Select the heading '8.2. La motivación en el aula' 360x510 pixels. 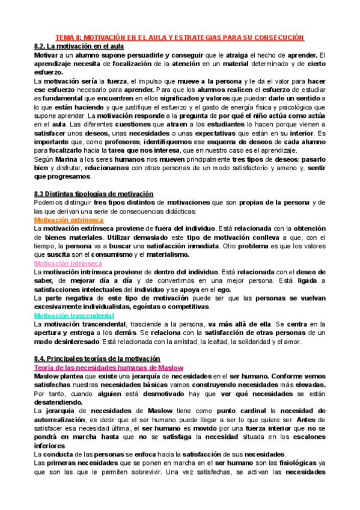(x=79, y=46)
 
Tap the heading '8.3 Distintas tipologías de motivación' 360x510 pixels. (x=94, y=194)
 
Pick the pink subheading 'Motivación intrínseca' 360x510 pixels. (x=68, y=263)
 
